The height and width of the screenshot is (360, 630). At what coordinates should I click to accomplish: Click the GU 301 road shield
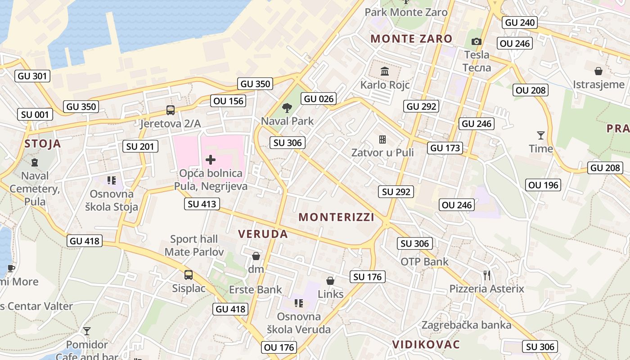point(32,76)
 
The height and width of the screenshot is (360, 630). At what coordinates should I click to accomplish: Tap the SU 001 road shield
point(35,114)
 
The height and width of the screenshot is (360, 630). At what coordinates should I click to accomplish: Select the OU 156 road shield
point(229,101)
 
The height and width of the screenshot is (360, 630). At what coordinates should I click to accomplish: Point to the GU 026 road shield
point(319,99)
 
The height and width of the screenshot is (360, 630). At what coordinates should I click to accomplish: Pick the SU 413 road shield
point(202,204)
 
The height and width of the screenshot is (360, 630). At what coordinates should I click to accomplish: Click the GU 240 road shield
point(520,22)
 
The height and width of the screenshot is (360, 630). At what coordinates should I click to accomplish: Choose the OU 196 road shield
point(544,184)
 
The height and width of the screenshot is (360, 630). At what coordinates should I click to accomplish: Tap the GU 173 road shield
point(445,148)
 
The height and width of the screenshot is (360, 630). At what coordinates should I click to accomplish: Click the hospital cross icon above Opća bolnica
point(210,160)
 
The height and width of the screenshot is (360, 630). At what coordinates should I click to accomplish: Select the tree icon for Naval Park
point(286,108)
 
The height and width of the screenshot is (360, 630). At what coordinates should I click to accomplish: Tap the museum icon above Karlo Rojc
point(385,71)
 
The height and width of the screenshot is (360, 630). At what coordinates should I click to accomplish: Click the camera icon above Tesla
point(476,42)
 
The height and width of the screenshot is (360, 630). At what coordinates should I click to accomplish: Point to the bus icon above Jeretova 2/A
point(171,110)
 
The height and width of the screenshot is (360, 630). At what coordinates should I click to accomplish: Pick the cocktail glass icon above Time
point(540,135)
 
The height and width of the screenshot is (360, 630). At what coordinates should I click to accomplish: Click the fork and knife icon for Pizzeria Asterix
point(486,275)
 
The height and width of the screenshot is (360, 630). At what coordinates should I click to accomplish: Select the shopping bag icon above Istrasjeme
point(598,71)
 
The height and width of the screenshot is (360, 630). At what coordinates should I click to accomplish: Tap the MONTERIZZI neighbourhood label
point(337,217)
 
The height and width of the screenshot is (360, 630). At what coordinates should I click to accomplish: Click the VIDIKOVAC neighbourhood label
point(426,344)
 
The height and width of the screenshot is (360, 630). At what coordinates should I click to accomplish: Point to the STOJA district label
point(43,144)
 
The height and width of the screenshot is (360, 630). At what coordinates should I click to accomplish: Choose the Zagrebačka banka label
point(466,325)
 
